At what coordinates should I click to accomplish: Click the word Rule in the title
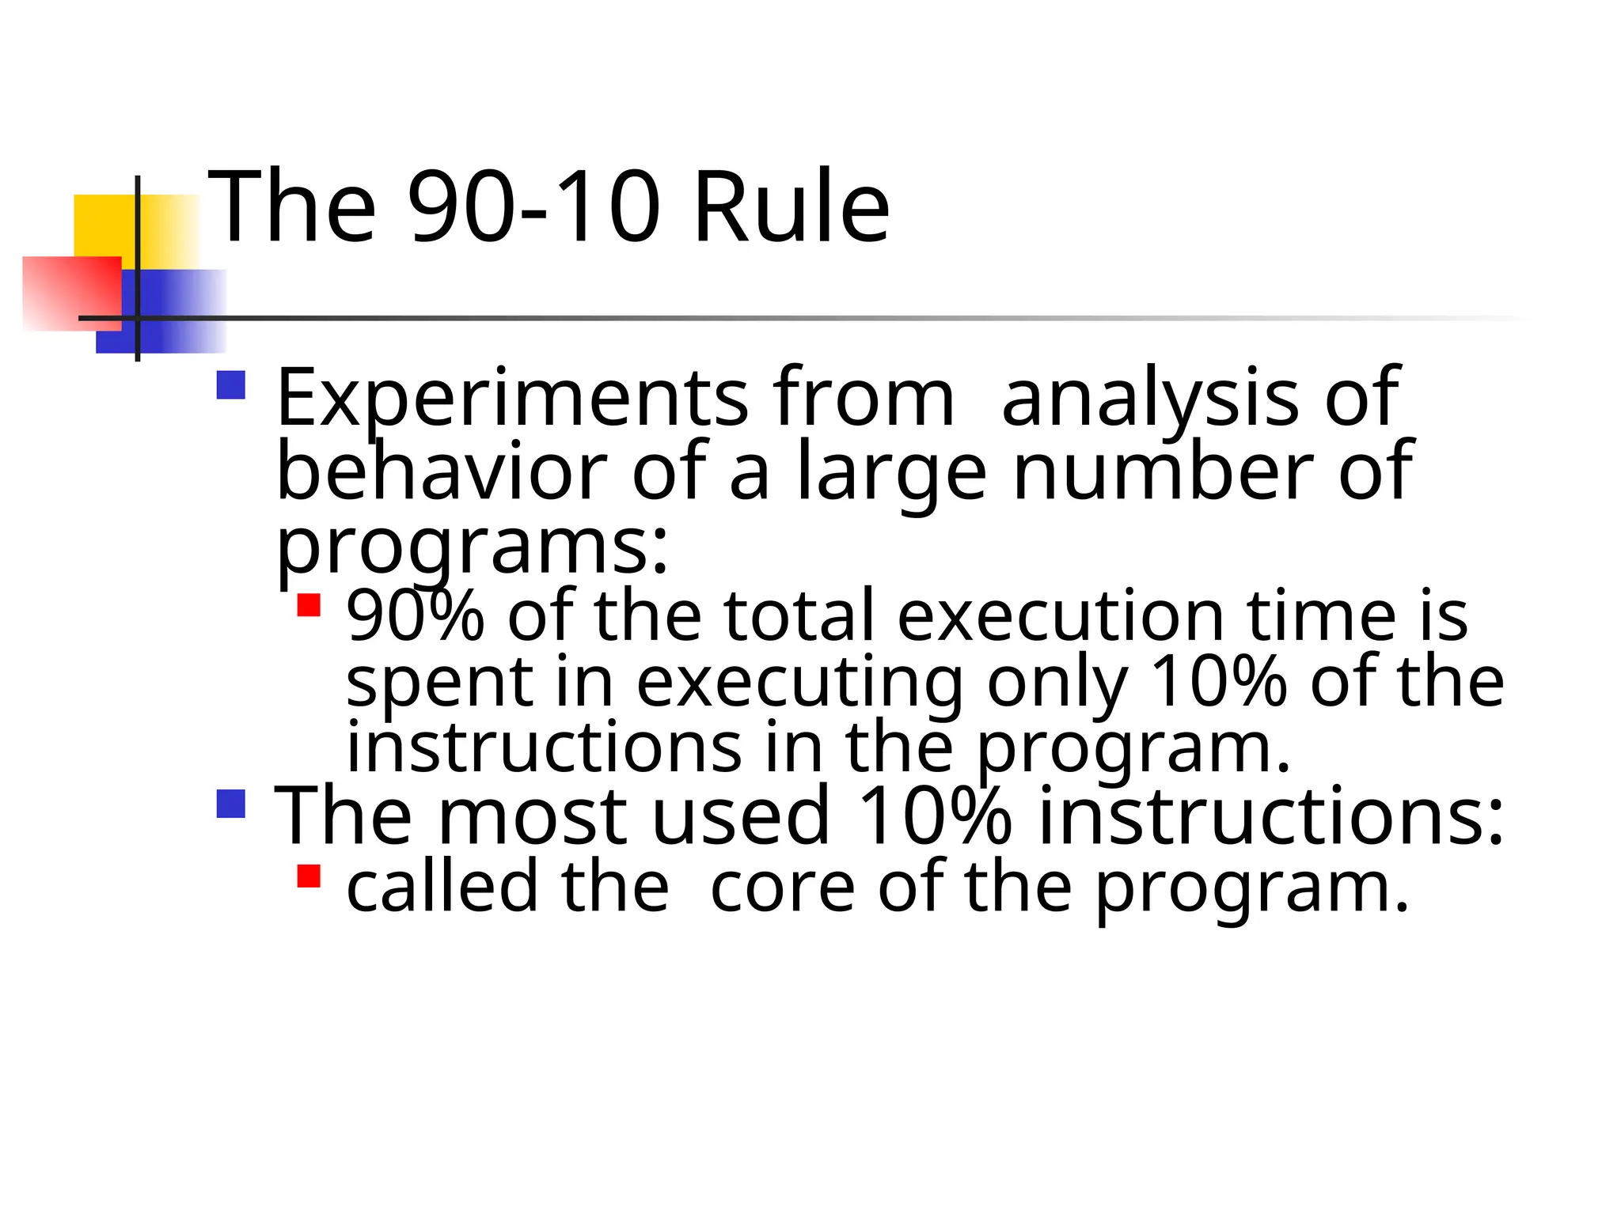(792, 207)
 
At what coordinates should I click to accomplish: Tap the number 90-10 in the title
(533, 207)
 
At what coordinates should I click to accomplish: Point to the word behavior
(442, 472)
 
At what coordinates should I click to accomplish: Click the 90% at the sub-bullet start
(415, 616)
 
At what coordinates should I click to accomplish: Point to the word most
(533, 816)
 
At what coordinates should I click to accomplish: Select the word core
(782, 888)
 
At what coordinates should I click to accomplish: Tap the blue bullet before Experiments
(231, 386)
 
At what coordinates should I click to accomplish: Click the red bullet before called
(309, 876)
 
